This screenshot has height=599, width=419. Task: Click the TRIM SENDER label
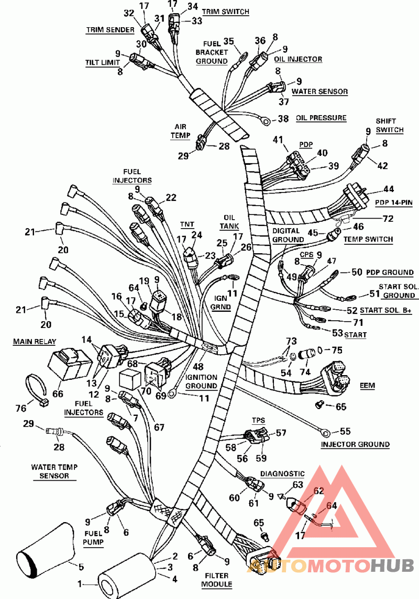pyautogui.click(x=110, y=30)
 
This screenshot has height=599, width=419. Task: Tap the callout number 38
pyautogui.click(x=283, y=119)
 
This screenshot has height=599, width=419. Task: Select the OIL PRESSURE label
pyautogui.click(x=321, y=118)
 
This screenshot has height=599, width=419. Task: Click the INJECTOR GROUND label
pyautogui.click(x=355, y=444)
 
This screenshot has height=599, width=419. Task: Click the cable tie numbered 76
pyautogui.click(x=34, y=390)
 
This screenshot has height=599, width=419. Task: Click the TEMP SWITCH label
pyautogui.click(x=368, y=239)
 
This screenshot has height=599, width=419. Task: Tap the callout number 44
pyautogui.click(x=388, y=189)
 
